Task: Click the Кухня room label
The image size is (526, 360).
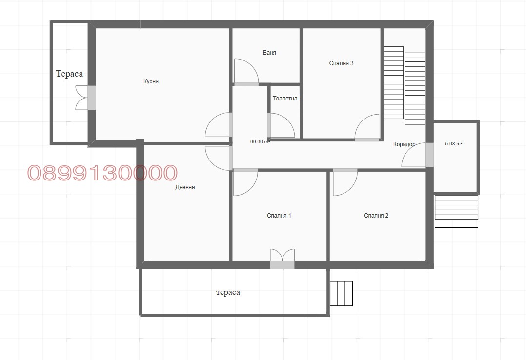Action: (x=151, y=81)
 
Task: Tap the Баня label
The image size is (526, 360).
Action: (x=269, y=53)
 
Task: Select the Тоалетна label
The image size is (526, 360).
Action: (x=285, y=99)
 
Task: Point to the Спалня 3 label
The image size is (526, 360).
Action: (x=341, y=63)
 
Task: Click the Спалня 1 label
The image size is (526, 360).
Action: (x=279, y=216)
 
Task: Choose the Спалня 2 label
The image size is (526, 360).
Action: (x=376, y=216)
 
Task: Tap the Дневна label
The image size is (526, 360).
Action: (x=185, y=187)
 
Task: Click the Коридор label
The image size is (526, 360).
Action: (x=404, y=144)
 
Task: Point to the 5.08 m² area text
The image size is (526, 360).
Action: (x=454, y=143)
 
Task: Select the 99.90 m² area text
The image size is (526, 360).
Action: (x=260, y=141)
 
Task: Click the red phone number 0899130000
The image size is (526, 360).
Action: (x=102, y=173)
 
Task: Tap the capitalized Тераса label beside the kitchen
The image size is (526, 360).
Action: (x=69, y=74)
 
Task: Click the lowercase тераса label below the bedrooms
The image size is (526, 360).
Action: (x=228, y=292)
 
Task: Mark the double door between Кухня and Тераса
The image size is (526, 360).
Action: (x=85, y=98)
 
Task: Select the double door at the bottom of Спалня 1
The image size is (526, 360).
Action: (x=283, y=259)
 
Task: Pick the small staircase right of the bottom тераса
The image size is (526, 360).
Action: (x=341, y=294)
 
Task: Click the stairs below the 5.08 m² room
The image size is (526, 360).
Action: (x=456, y=208)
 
